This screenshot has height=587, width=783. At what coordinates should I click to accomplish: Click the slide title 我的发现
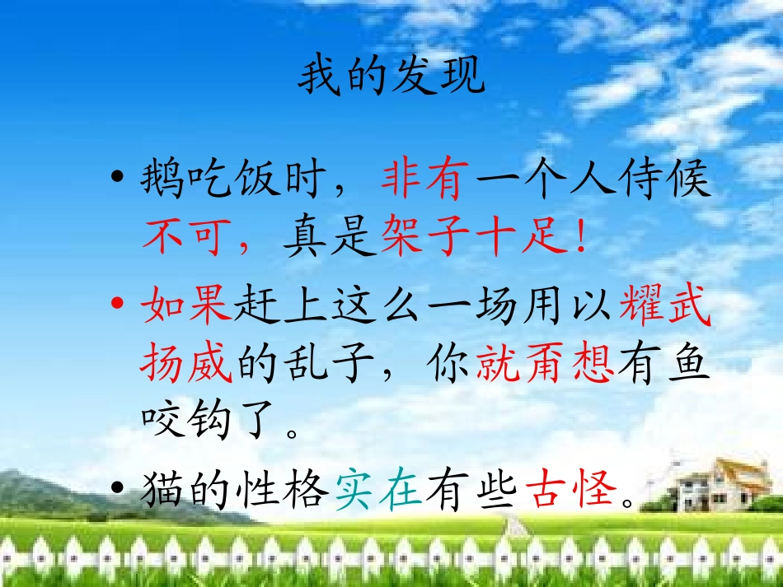pos(391,79)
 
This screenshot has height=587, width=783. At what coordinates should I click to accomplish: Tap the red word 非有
pos(424,180)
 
